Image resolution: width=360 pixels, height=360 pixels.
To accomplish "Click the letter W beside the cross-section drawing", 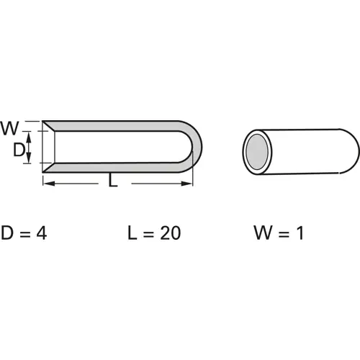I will point(9,129).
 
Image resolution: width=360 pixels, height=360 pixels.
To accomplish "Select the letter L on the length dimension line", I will point(112,183).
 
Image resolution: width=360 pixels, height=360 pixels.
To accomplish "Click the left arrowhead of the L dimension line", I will point(48,184).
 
